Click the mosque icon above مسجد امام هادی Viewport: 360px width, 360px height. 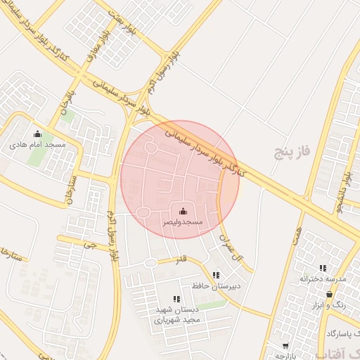coord(38,134)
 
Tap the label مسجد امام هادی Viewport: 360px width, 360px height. coord(38,144)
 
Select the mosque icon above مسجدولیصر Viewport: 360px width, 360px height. coord(184,211)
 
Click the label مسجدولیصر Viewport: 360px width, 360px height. coord(184,221)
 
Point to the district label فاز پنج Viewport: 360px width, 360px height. coord(292,152)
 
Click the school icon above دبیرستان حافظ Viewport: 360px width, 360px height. coord(216,275)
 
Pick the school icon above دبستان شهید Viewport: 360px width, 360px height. coord(176,300)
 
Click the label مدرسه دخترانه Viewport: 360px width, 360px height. coord(323,279)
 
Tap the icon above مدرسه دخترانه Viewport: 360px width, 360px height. coord(323,268)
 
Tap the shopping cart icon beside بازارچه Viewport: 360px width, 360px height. coord(285,346)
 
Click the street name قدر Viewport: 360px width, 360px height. coord(181,259)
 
